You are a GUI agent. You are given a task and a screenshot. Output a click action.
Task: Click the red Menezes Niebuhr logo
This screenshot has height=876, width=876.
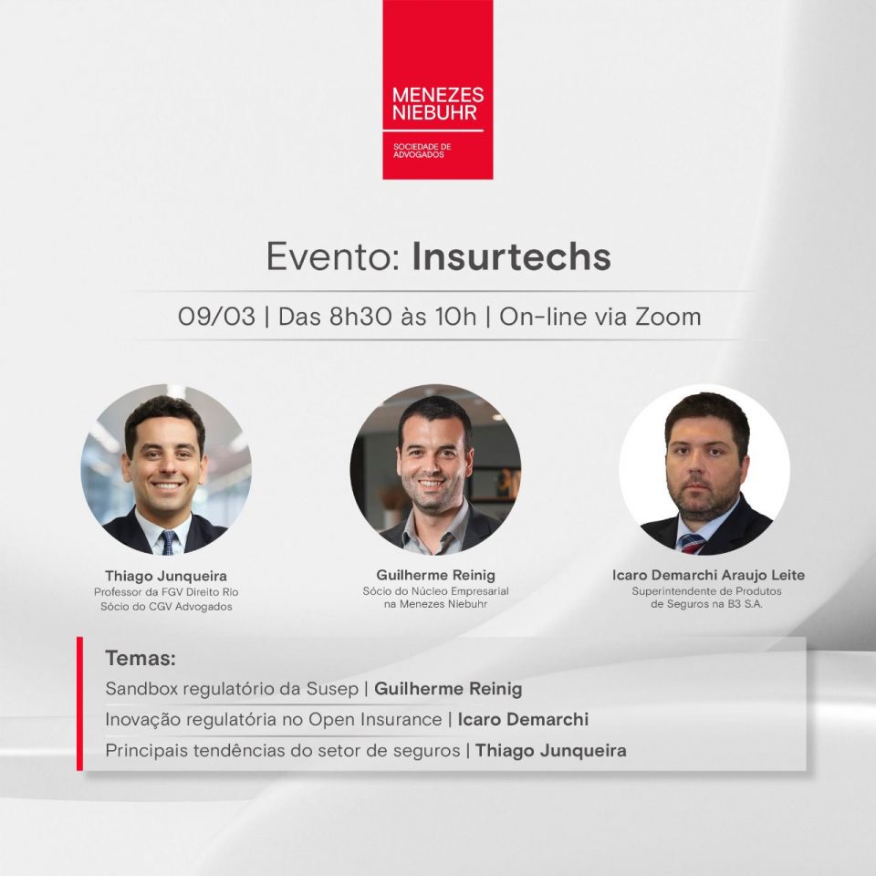[x=437, y=89]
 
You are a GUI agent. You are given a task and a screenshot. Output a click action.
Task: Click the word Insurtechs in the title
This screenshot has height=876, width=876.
[x=511, y=257]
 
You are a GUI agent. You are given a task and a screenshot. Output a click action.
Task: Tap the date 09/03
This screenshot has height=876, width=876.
[x=216, y=317]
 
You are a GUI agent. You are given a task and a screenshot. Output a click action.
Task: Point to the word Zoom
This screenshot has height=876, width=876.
[x=668, y=317]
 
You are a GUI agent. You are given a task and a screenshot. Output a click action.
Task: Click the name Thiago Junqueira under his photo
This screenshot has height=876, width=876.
[x=166, y=576]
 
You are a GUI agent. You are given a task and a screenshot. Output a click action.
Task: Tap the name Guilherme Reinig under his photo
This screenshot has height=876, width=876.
[x=436, y=575]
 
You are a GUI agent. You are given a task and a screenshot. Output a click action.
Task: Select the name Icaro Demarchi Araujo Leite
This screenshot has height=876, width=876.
[x=708, y=575]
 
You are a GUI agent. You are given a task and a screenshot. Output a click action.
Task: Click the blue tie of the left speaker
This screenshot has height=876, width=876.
[x=168, y=542]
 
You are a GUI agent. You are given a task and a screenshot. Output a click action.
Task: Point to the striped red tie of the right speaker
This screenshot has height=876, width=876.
[x=691, y=543]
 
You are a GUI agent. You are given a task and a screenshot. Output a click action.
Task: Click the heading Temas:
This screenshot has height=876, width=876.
[x=141, y=658]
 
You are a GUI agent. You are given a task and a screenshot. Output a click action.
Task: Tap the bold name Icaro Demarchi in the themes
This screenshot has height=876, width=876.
[x=523, y=719]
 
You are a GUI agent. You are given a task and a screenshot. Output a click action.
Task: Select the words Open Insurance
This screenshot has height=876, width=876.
[x=375, y=719]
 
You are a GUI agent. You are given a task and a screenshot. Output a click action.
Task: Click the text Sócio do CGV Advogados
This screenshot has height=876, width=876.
[x=166, y=607]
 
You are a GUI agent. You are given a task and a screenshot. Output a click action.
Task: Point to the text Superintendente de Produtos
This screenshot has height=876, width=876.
[x=706, y=591]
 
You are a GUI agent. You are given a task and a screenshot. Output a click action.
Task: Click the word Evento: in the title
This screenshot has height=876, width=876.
[x=334, y=257]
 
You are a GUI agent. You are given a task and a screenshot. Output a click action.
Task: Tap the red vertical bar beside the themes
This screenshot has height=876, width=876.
[x=79, y=704]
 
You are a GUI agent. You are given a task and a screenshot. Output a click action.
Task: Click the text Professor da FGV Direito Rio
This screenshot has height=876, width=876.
[x=166, y=592]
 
